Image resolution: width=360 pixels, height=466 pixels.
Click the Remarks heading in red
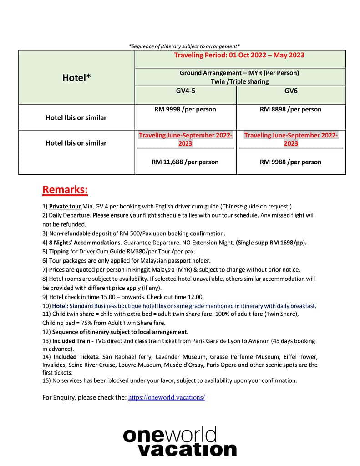coord(65,189)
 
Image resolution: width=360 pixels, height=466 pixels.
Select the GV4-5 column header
coord(185,91)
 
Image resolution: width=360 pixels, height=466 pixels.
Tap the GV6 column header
coord(291,91)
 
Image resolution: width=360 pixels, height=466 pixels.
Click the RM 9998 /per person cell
coord(185,109)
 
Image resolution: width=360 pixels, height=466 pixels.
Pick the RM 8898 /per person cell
coord(290,109)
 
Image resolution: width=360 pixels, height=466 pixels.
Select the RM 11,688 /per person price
coord(185,162)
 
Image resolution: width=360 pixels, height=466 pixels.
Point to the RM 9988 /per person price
coord(290,162)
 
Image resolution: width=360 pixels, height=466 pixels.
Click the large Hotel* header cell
coord(76,78)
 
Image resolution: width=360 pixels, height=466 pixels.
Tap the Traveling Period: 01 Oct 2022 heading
coord(239,55)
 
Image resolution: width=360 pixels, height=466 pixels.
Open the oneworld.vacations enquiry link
coord(167,397)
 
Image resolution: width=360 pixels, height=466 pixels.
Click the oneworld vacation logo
coord(180,441)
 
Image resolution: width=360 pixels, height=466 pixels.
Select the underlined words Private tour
coord(65,206)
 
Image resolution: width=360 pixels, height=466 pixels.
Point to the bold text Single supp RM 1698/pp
coord(271,242)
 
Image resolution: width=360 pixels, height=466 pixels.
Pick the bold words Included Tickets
coord(73,357)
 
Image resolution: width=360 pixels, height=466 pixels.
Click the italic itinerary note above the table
coord(184,46)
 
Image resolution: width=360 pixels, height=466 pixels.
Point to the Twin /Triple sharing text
coord(239,81)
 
